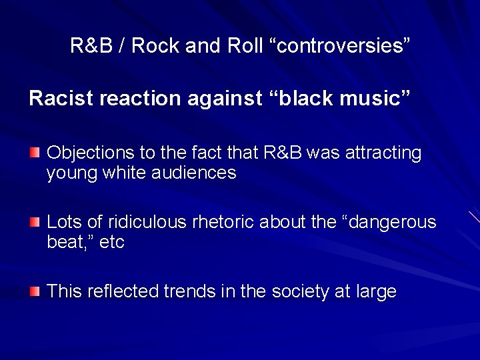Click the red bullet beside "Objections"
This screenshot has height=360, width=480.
pyautogui.click(x=34, y=153)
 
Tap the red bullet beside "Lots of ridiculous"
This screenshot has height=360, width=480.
pyautogui.click(x=34, y=222)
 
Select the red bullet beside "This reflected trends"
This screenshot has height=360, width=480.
pyautogui.click(x=34, y=291)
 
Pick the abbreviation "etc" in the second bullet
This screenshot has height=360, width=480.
pyautogui.click(x=112, y=242)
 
